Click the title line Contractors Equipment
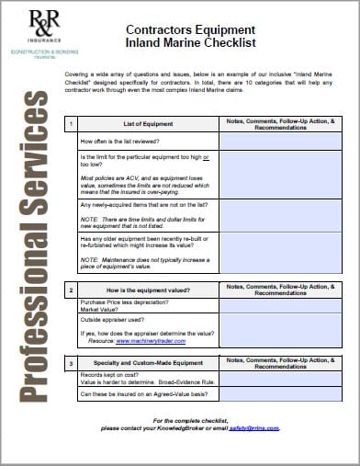[189, 30]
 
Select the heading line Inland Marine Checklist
[189, 43]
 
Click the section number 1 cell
[71, 122]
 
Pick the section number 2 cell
[71, 290]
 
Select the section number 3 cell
[71, 364]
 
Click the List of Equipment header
[147, 122]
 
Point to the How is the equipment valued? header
[147, 290]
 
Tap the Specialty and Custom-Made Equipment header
[147, 364]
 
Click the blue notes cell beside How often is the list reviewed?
[286, 141]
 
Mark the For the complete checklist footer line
[190, 420]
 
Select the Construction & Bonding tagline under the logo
[31, 50]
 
